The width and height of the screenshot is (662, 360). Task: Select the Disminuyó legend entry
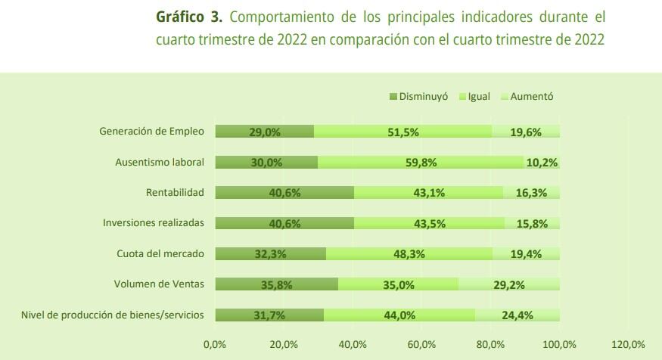point(418,97)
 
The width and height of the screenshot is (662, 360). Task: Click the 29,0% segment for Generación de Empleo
point(265,132)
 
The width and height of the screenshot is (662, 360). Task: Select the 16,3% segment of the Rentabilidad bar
point(531,193)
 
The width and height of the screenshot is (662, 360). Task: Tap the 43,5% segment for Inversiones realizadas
point(430,223)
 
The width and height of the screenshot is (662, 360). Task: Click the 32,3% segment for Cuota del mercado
point(271,254)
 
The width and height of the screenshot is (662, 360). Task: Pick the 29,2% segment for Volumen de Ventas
point(509,284)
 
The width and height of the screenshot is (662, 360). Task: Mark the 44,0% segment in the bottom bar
point(399,315)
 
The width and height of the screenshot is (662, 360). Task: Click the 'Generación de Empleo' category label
point(151,131)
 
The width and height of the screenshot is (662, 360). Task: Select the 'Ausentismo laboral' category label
point(159,162)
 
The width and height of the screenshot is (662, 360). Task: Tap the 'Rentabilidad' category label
point(175,192)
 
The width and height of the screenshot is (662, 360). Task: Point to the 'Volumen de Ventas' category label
point(159,284)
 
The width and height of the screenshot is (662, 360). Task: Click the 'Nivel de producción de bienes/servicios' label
point(112,315)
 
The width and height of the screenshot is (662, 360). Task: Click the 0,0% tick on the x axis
point(215,345)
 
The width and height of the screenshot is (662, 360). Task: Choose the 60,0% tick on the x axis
point(421,345)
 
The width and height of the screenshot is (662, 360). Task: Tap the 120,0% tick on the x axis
point(628,345)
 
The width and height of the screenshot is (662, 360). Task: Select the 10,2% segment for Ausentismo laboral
point(542,162)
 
